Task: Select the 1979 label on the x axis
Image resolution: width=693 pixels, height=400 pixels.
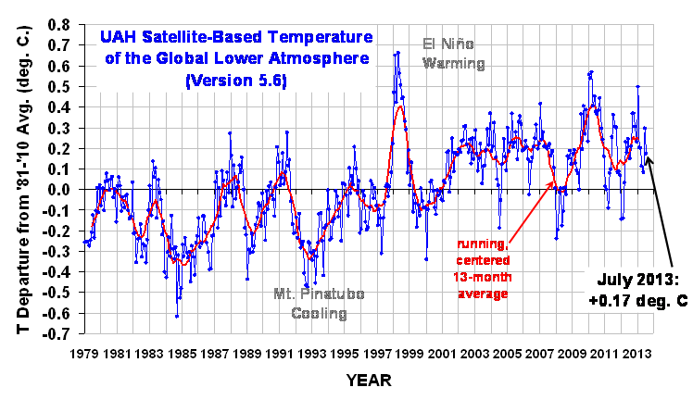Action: (84, 354)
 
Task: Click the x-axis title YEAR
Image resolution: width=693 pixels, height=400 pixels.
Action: (369, 381)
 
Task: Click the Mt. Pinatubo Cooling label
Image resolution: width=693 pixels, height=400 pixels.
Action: (319, 304)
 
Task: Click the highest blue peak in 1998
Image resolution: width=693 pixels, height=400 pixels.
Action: (397, 52)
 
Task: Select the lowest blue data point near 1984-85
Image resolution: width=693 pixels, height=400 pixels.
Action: (176, 317)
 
